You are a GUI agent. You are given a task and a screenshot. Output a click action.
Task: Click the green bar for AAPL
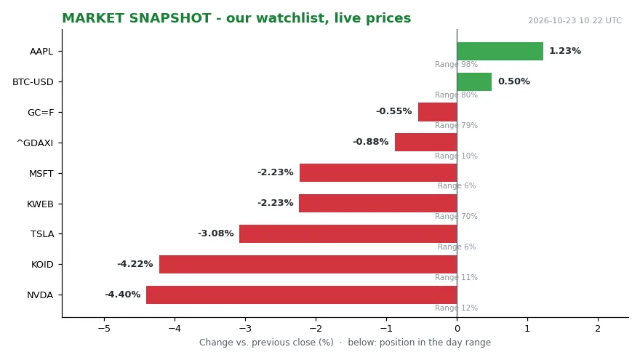[500, 51]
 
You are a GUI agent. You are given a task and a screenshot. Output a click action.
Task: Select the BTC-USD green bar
[474, 81]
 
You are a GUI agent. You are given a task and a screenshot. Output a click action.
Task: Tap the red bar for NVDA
[302, 295]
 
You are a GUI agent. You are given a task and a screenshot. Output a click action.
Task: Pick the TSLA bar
[348, 234]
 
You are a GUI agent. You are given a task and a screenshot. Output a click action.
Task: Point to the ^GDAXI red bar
[426, 143]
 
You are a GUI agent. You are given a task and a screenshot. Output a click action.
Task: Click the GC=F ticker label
[41, 113]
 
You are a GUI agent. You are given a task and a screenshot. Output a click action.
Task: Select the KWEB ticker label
[40, 204]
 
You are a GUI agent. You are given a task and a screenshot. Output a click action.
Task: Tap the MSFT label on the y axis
[41, 174]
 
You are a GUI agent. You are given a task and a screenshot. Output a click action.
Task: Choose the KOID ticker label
[42, 265]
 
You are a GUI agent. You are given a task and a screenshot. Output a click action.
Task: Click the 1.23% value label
[565, 51]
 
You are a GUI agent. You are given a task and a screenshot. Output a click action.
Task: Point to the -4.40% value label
[123, 295]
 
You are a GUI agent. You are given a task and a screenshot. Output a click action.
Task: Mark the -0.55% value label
[394, 111]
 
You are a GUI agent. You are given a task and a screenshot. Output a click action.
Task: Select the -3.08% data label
[216, 233]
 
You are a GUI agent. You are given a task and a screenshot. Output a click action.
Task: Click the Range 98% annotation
[456, 64]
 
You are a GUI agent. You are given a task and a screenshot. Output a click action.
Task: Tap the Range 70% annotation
[456, 216]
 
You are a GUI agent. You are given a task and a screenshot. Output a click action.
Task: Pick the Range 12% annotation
[456, 308]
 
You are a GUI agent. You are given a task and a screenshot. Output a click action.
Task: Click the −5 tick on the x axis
[104, 328]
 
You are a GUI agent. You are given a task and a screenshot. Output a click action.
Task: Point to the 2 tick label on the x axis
[598, 328]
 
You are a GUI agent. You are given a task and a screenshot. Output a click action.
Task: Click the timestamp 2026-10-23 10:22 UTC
[575, 20]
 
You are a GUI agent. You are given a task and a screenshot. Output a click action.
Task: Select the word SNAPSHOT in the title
[170, 18]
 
